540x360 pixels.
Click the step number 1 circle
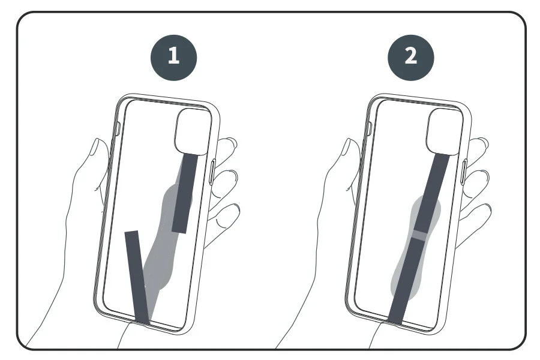[x=173, y=56]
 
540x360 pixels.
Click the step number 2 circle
[x=411, y=56]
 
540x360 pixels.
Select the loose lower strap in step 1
[x=136, y=276]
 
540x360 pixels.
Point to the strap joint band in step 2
[x=418, y=234]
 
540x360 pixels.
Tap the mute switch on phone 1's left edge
[x=118, y=130]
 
